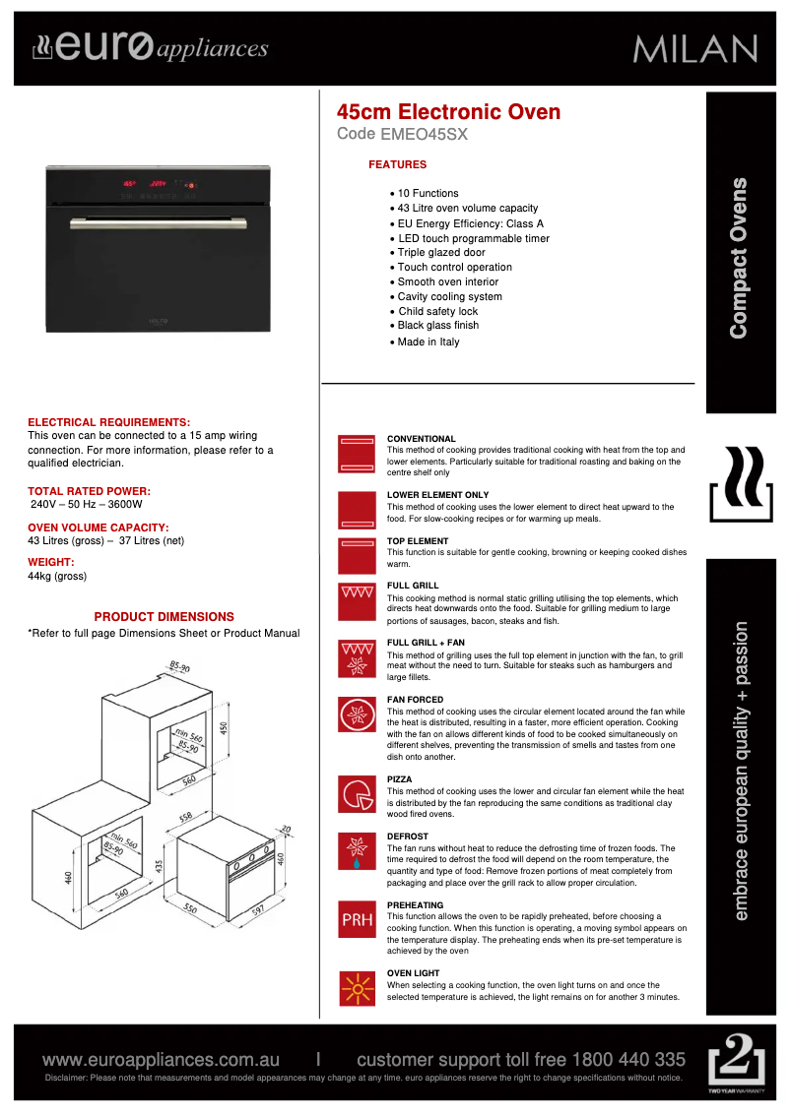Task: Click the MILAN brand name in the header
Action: coord(695,48)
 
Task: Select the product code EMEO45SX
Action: coord(429,135)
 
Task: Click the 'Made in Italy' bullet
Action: coord(428,342)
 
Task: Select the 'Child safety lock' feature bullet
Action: coord(437,312)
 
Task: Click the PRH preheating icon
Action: coord(357,920)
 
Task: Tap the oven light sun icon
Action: coord(357,988)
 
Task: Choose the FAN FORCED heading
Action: coord(415,700)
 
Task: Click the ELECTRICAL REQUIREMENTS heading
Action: coord(108,422)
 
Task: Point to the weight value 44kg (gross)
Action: coord(57,576)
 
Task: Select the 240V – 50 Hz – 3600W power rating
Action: coord(87,504)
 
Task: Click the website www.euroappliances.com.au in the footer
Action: coord(162,1060)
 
